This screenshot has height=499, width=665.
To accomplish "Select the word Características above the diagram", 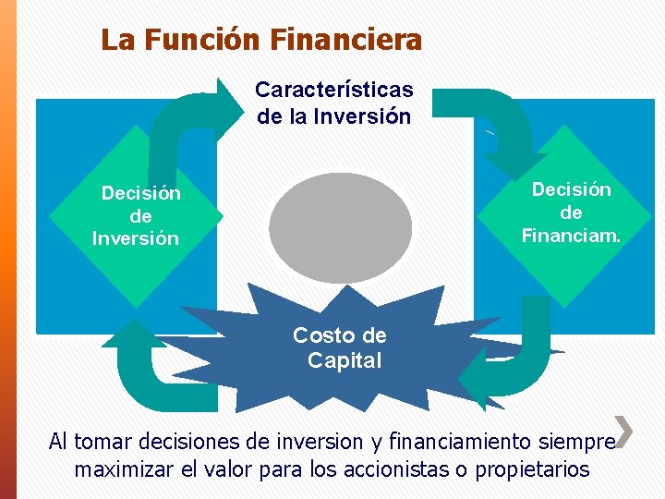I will point(333,90).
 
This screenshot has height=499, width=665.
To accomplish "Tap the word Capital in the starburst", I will point(345,360).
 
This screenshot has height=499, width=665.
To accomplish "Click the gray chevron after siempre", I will point(624,431).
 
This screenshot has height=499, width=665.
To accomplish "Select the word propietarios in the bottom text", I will point(531,469).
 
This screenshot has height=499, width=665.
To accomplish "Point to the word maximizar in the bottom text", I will point(122,469).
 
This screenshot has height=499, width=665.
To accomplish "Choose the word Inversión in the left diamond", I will point(136,238).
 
